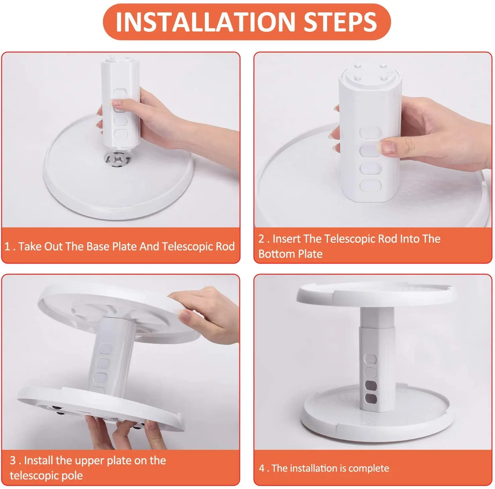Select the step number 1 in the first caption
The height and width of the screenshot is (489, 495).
click(x=7, y=247)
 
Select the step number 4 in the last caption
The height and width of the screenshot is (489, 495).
click(x=262, y=468)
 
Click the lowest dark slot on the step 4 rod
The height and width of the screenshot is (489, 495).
click(x=371, y=399)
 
